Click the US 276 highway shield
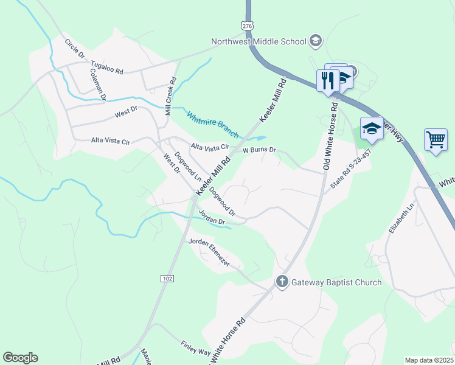(246, 26)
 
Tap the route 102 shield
(168, 278)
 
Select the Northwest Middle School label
(259, 42)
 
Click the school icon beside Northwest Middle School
(315, 41)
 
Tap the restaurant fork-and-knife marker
(327, 80)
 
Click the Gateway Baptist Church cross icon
(282, 282)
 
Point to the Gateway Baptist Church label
(336, 282)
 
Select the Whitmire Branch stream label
(212, 124)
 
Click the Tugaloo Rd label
(107, 67)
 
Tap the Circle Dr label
(75, 49)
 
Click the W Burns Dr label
(259, 149)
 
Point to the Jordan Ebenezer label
(209, 251)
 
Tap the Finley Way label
(195, 349)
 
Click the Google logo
(20, 358)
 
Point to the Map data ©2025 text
(429, 360)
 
